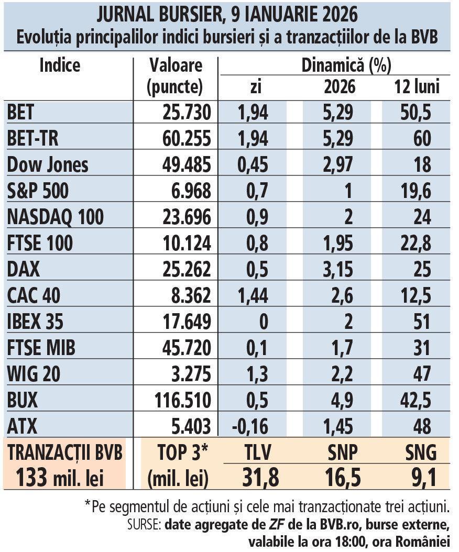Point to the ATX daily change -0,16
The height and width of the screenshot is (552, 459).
(x=250, y=426)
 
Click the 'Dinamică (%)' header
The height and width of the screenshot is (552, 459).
(x=346, y=65)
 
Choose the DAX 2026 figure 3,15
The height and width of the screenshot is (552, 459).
(x=339, y=269)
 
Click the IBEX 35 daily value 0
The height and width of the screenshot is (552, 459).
(x=264, y=322)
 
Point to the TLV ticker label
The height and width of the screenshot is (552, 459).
(x=260, y=451)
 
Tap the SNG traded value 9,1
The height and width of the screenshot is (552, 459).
(x=420, y=477)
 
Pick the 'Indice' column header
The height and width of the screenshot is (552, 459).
(x=60, y=65)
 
